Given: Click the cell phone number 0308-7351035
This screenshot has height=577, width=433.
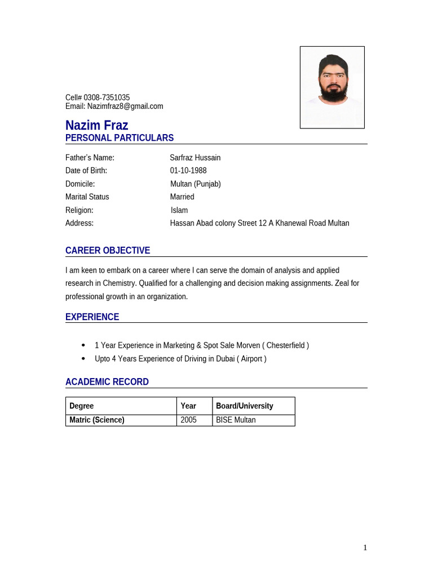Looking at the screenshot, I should tap(107, 97).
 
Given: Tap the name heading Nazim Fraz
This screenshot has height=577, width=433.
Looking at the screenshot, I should tap(96, 125).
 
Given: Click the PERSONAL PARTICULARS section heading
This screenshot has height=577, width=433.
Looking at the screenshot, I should tap(119, 138).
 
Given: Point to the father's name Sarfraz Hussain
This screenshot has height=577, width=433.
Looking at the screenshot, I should tap(195, 158).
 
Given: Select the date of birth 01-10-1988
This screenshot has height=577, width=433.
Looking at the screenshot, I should tap(188, 171).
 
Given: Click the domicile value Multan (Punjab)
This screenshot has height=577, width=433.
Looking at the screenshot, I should tap(196, 184).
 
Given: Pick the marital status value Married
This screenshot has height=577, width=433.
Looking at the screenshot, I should tap(182, 197).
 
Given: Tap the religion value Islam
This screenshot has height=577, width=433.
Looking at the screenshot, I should tap(179, 210).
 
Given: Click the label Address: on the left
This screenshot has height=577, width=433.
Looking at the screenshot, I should tap(79, 223).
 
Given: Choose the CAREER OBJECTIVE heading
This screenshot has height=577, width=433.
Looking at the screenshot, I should tap(107, 251).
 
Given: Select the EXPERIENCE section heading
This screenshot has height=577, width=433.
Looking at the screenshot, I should tap(92, 317).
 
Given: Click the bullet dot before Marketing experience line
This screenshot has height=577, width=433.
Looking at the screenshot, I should tap(83, 345).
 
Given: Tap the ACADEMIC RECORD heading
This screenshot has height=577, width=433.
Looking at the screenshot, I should tap(107, 382).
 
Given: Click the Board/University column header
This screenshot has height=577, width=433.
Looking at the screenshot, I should tap(244, 406).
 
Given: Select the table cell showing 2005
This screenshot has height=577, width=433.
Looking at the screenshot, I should tap(188, 420).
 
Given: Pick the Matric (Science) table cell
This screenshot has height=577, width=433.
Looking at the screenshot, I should tap(96, 420).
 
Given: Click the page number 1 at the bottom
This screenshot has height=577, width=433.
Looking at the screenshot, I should tap(365, 548).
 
